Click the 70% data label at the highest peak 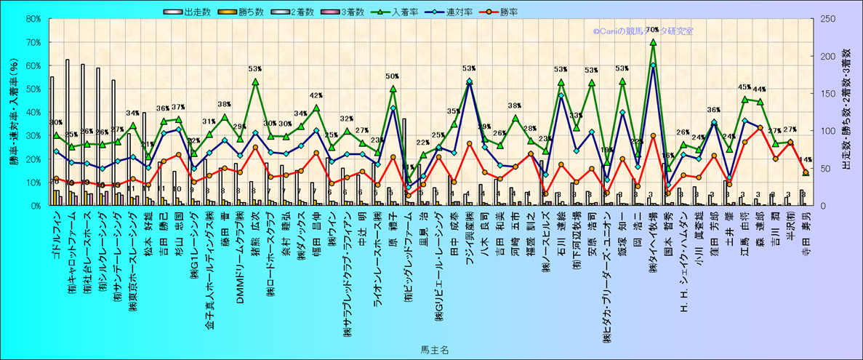pos(652,30)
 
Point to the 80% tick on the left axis pos(33,20)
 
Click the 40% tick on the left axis pos(33,113)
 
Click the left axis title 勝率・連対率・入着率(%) pos(14,113)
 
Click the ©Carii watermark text pos(643,31)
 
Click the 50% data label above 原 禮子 pos(393,76)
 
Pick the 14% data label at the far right pos(805,160)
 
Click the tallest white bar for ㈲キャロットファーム pos(68,131)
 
